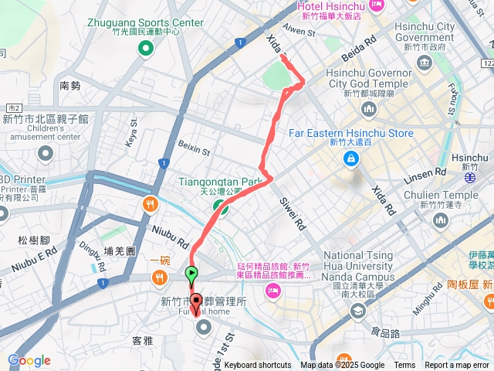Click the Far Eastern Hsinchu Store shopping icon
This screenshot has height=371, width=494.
click(351, 158)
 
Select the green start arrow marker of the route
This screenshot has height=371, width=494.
click(191, 273)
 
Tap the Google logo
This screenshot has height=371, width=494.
click(29, 360)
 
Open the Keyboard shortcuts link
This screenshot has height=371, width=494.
click(258, 366)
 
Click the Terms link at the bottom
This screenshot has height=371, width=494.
click(404, 366)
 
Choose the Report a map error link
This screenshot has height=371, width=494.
click(458, 366)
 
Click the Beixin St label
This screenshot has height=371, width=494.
click(194, 147)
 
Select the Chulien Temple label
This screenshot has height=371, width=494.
click(450, 195)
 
